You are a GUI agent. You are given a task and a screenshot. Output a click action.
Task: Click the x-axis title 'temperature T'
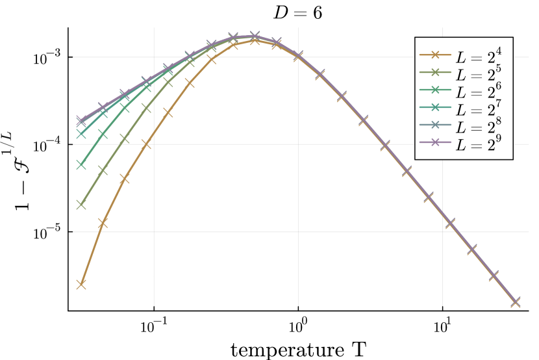(x=298, y=349)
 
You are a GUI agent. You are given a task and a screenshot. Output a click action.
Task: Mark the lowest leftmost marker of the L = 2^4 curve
(x=81, y=284)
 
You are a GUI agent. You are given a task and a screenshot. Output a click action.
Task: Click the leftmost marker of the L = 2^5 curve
(x=81, y=205)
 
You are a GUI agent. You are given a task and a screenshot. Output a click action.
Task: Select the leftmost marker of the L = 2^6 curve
(x=81, y=165)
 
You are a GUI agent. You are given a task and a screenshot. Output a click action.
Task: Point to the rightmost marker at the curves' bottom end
(x=516, y=302)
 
